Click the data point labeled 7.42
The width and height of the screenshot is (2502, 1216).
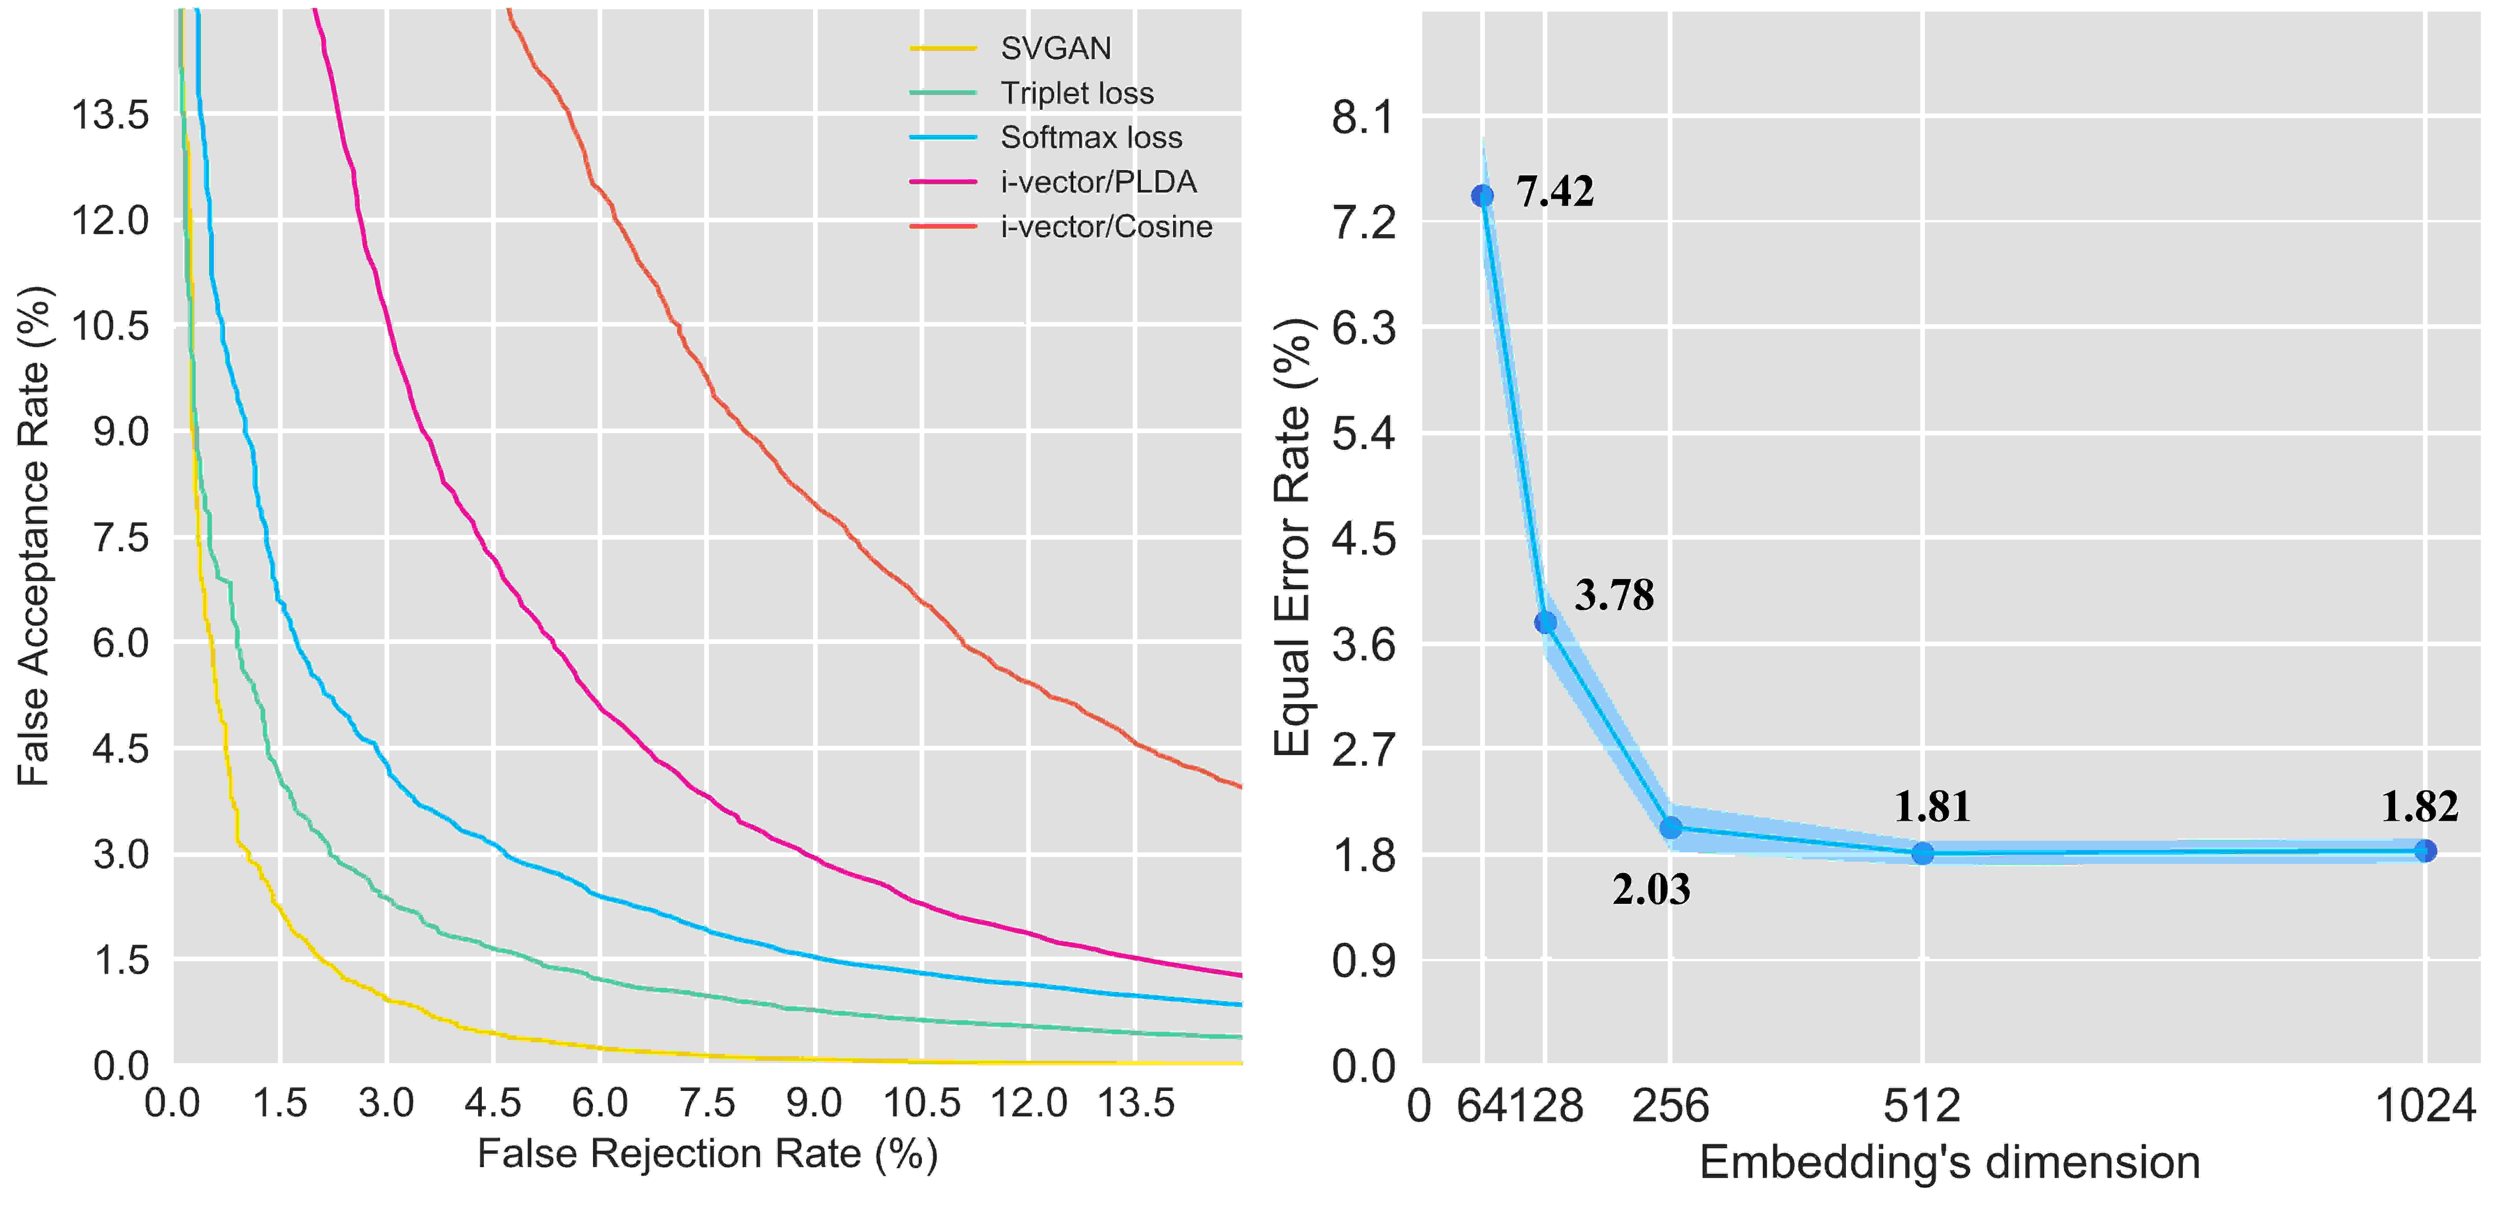1482,196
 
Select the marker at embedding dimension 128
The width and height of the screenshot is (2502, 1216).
1545,622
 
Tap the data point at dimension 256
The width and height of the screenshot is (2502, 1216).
1671,827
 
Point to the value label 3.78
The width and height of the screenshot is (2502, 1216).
1614,595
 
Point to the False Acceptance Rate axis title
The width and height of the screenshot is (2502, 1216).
35,536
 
